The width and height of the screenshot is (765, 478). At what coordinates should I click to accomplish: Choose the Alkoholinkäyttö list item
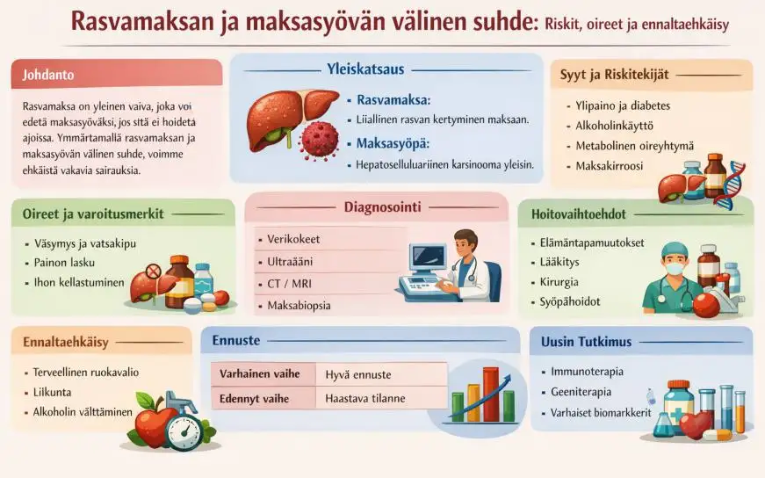(615, 125)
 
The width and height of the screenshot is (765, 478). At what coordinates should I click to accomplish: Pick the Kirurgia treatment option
(559, 282)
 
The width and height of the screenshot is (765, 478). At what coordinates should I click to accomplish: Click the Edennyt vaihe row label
(261, 398)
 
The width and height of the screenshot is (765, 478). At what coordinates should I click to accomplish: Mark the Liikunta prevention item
(52, 392)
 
